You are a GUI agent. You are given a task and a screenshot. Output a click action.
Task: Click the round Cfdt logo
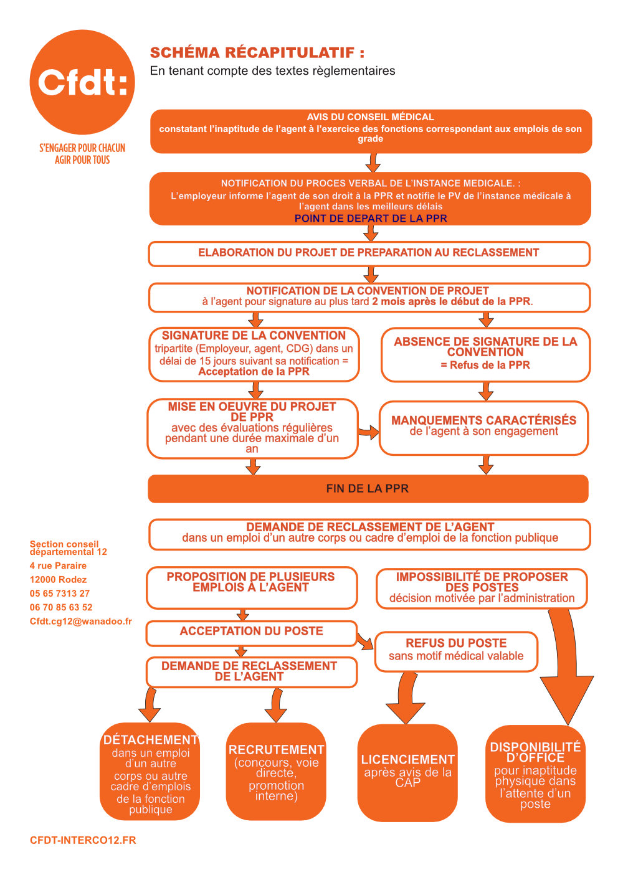(x=82, y=82)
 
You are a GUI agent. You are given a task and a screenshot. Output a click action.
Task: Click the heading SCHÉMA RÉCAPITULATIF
(x=257, y=52)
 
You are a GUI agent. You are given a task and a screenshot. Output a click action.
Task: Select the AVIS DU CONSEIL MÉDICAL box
(x=371, y=131)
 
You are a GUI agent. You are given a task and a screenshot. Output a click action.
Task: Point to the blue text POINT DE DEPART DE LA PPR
(x=371, y=219)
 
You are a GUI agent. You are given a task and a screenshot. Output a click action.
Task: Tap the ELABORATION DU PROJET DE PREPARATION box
(x=369, y=253)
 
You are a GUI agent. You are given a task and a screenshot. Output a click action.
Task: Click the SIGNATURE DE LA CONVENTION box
(x=254, y=354)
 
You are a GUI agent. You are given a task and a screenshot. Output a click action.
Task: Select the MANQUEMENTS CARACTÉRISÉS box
(x=483, y=428)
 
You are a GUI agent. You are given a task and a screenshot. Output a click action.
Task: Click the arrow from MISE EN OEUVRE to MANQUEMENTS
(x=369, y=433)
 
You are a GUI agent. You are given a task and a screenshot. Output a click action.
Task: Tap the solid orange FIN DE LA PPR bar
(x=368, y=489)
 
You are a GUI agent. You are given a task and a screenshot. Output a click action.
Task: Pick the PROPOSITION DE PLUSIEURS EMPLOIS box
(x=252, y=588)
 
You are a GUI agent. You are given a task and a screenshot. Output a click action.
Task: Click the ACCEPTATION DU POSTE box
(x=251, y=633)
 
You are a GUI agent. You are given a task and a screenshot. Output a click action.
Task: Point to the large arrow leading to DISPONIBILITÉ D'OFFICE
(x=566, y=668)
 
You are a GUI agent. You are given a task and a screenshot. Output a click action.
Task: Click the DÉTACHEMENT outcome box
(x=150, y=772)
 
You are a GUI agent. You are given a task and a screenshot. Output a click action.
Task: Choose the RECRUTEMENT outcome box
(x=276, y=772)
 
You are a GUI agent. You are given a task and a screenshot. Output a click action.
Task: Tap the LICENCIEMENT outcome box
(x=407, y=773)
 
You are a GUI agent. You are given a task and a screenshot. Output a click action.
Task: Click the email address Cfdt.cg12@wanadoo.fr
(x=80, y=621)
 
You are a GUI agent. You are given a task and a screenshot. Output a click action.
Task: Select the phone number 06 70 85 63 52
(x=61, y=607)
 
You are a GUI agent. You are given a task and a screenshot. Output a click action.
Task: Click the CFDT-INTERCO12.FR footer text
(x=83, y=840)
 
